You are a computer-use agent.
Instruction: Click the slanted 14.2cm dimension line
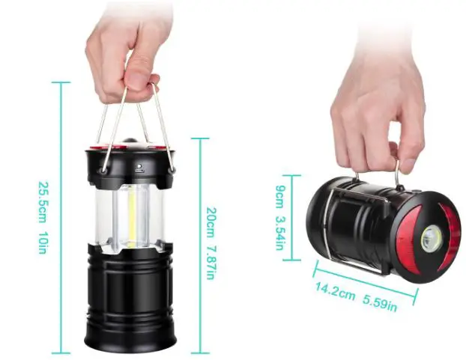point(360,278)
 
